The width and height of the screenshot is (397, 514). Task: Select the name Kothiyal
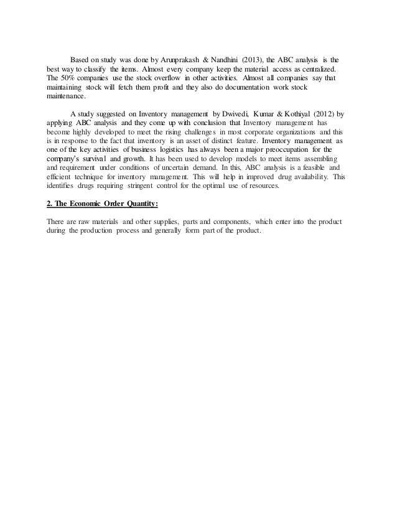pyautogui.click(x=294, y=114)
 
